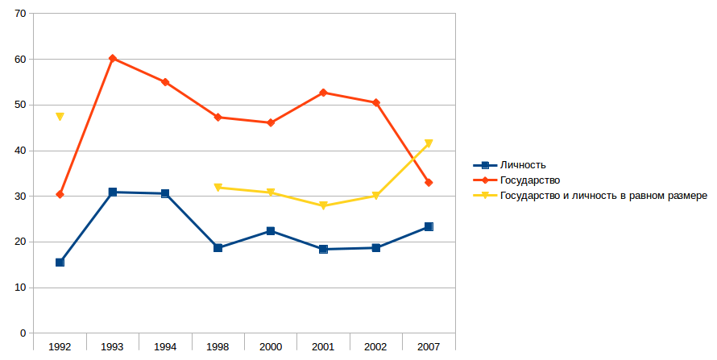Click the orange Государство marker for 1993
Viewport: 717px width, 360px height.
tap(113, 59)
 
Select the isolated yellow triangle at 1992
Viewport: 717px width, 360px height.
tap(60, 117)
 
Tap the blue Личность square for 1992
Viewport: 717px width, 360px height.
tap(60, 263)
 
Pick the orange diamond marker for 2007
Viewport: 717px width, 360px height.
tap(429, 183)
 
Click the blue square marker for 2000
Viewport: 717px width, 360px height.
tap(271, 231)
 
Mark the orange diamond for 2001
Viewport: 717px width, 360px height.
tap(323, 93)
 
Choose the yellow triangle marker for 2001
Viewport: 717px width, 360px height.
tap(323, 206)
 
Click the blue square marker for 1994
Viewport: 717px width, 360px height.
tap(165, 193)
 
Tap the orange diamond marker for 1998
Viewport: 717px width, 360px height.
tap(218, 117)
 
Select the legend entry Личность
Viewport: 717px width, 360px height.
tap(523, 165)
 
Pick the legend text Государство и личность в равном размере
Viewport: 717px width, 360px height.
tap(603, 195)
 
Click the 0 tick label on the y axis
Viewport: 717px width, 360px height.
tap(23, 333)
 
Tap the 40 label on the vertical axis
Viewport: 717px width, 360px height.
tap(20, 151)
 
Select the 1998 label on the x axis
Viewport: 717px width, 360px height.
tap(218, 346)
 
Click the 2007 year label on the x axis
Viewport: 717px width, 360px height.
tap(429, 346)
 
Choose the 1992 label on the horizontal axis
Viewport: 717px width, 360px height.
tap(60, 346)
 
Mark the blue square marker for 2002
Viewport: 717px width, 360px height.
tap(375, 248)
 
